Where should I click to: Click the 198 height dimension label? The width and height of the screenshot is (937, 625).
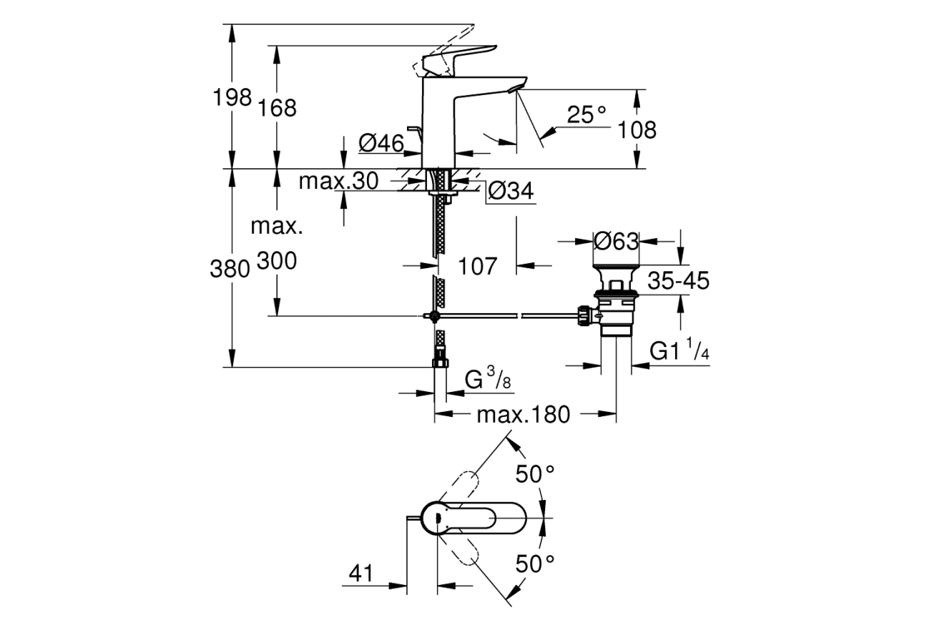click(232, 97)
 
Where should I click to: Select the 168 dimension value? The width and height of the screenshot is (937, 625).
click(277, 108)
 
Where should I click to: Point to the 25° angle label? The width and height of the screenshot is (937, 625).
click(586, 114)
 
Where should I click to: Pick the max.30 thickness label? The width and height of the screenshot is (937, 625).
click(338, 182)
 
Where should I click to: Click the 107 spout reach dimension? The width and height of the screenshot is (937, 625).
click(477, 266)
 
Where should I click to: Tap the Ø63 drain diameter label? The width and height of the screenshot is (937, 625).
click(616, 242)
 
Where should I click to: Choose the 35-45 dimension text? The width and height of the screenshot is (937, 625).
click(678, 281)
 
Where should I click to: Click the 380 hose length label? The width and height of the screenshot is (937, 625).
click(230, 269)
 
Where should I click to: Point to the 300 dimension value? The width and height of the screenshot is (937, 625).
click(276, 262)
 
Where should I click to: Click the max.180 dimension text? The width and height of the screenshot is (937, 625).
click(524, 414)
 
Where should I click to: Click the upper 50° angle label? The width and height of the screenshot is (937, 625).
click(535, 473)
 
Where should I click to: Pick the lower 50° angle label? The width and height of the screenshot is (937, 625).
click(535, 564)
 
